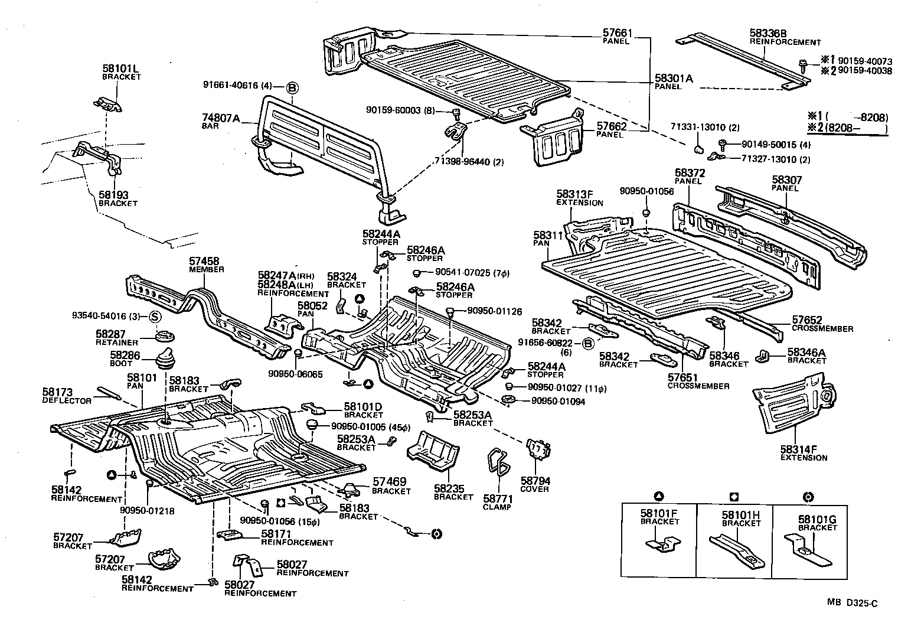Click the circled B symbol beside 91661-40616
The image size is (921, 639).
click(292, 89)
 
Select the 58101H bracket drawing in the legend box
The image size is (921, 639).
click(734, 547)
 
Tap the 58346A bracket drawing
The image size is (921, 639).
click(765, 356)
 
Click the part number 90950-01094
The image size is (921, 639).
click(558, 400)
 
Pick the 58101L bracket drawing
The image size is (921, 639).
click(109, 105)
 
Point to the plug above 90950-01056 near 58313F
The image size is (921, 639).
click(646, 213)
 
